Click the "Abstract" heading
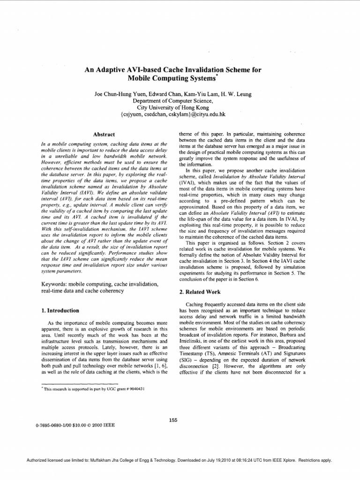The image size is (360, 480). (105, 134)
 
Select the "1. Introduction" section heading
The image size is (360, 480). (60, 310)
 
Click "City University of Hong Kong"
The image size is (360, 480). (172, 107)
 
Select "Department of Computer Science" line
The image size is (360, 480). (172, 100)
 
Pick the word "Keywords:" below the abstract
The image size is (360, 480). (55, 284)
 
